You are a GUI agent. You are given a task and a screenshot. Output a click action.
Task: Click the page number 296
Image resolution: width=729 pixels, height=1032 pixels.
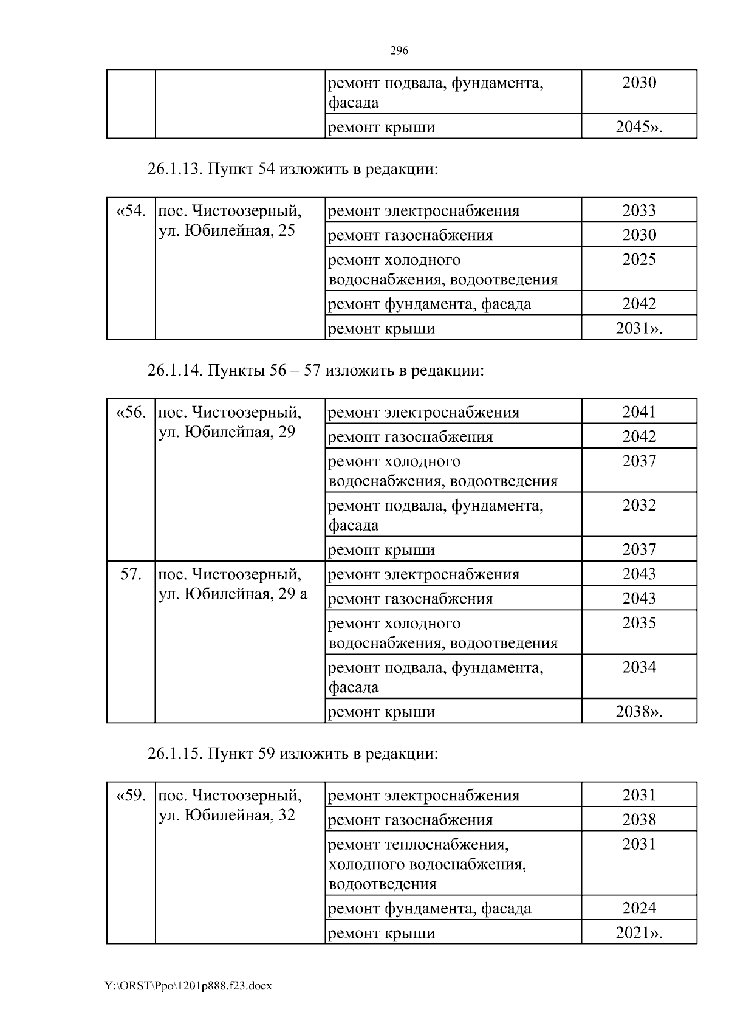pyautogui.click(x=399, y=50)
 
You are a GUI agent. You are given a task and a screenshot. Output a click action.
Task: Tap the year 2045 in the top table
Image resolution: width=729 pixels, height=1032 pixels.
pyautogui.click(x=638, y=127)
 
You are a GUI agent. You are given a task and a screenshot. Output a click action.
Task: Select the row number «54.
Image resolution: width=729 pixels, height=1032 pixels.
pyautogui.click(x=131, y=211)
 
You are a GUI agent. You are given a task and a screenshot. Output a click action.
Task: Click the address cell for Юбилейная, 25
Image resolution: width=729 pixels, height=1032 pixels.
pyautogui.click(x=230, y=221)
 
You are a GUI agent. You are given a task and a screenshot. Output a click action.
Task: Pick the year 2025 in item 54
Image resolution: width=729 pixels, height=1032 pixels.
pyautogui.click(x=639, y=260)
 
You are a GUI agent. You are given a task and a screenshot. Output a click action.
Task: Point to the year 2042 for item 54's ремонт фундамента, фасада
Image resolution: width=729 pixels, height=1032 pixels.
pyautogui.click(x=639, y=303)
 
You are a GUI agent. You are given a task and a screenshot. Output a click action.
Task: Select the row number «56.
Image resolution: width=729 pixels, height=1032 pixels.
pyautogui.click(x=131, y=412)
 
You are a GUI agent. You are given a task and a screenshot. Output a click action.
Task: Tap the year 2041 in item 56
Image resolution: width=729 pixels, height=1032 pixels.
pyautogui.click(x=639, y=412)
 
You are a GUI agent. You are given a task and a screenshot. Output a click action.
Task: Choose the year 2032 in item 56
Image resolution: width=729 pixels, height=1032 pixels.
pyautogui.click(x=639, y=505)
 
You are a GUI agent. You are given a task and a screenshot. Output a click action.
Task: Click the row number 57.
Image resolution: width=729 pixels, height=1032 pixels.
pyautogui.click(x=131, y=574)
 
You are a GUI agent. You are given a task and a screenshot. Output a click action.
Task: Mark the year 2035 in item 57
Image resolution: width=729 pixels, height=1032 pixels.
pyautogui.click(x=639, y=623)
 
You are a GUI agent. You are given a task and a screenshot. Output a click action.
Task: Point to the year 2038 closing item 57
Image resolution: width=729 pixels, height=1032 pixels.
pyautogui.click(x=638, y=711)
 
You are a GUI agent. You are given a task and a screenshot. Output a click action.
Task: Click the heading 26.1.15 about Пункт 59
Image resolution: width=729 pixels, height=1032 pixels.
pyautogui.click(x=292, y=753)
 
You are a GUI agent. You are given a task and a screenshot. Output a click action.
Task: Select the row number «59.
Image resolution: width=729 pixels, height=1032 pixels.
pyautogui.click(x=131, y=796)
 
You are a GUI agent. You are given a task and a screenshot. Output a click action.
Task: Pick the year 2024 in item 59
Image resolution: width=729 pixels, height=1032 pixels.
pyautogui.click(x=639, y=908)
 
